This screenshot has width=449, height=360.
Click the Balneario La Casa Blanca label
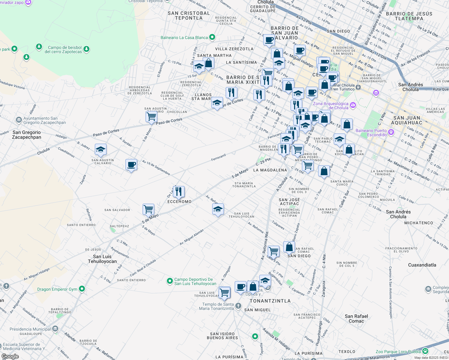(x=184, y=37)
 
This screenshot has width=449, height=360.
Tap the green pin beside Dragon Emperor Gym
(x=82, y=289)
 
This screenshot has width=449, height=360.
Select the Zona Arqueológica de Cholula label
(x=330, y=106)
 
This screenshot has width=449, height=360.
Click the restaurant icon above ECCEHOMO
(x=179, y=191)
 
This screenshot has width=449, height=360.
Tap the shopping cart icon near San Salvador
(x=149, y=209)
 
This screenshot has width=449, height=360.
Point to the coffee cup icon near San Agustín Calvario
(x=131, y=164)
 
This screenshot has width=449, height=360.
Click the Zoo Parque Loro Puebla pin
(x=425, y=351)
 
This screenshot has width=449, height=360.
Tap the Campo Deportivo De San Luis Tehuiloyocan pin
(x=170, y=281)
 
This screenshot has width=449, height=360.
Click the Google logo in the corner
(x=10, y=356)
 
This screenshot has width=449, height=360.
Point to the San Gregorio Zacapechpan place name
(x=27, y=135)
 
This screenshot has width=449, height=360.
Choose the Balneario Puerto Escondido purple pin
(x=391, y=132)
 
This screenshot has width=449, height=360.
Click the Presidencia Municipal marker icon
(x=55, y=329)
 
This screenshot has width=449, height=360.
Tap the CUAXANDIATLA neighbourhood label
(x=422, y=265)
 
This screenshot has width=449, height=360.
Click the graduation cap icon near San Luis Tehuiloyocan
(x=218, y=209)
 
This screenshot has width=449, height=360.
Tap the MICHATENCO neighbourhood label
(x=418, y=223)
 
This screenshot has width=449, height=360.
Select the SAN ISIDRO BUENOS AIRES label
(x=222, y=336)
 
